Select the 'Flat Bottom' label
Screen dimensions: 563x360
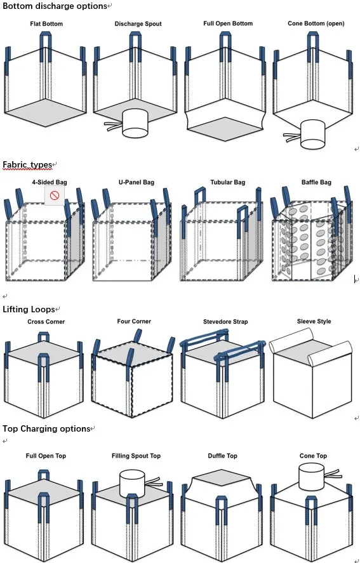pos(46,24)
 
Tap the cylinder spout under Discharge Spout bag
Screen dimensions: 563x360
pos(134,123)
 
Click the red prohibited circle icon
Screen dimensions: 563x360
pos(55,195)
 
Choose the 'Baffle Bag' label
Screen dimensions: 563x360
pos(316,183)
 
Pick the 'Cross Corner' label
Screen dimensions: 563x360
pos(46,322)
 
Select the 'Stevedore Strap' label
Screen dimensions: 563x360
pos(225,322)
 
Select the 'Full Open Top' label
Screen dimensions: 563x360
pos(46,456)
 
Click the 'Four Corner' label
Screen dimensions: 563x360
pos(134,322)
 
